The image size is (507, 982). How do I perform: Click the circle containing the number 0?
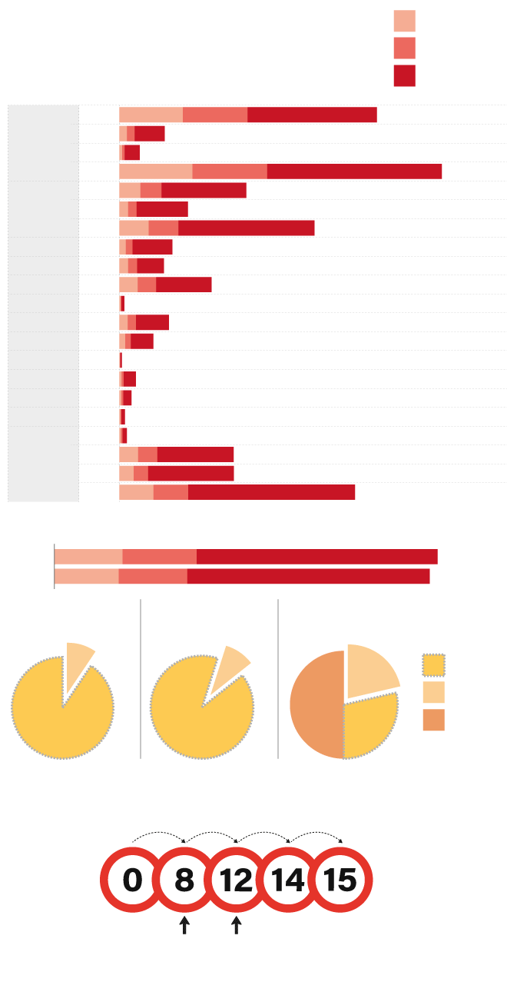point(132,880)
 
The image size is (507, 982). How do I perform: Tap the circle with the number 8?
point(184,880)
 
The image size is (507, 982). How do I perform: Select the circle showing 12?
point(237,880)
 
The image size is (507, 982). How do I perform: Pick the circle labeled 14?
point(289,880)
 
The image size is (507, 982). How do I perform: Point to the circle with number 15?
point(341,880)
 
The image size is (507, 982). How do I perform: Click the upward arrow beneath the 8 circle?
point(184,925)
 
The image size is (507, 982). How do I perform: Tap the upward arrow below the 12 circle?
point(237,925)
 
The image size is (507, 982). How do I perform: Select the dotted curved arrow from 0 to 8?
point(158,834)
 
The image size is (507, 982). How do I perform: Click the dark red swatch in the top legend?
point(405,75)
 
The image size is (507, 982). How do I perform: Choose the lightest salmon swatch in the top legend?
point(405,21)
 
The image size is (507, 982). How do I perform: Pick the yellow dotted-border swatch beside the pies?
point(434,664)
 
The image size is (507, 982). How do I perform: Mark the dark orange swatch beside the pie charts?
point(434,720)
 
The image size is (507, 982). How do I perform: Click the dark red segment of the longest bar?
point(354,171)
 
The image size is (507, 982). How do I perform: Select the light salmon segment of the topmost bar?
point(151,115)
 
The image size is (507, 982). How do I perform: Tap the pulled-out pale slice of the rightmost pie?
point(370,669)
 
